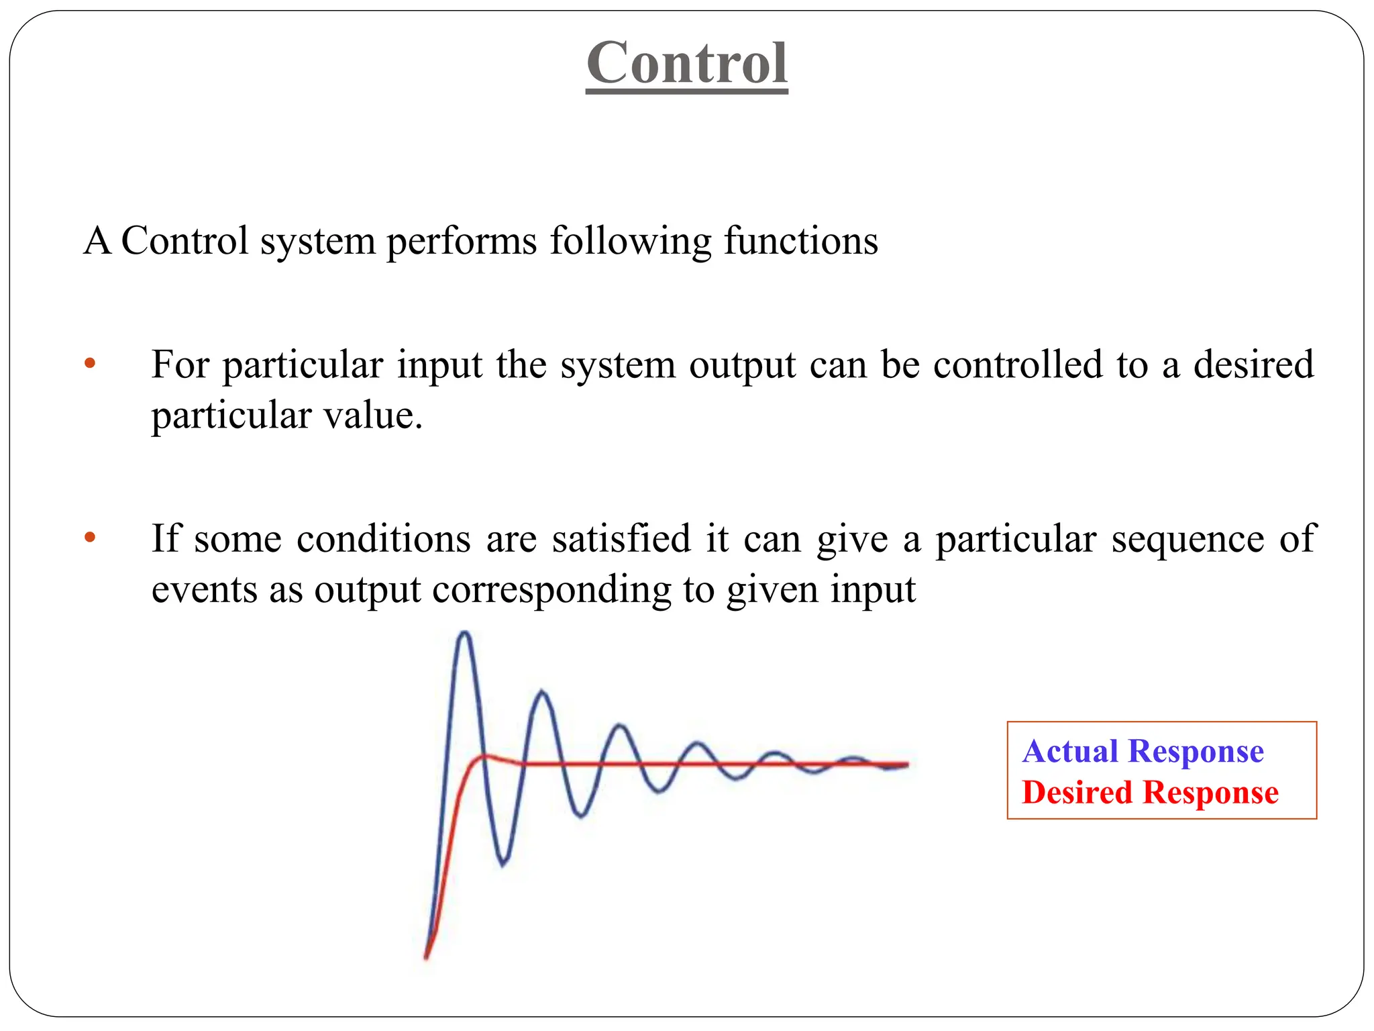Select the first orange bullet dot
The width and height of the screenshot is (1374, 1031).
tap(90, 364)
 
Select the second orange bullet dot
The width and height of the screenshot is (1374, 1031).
tap(90, 538)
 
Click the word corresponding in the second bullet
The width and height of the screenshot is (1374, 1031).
tap(551, 591)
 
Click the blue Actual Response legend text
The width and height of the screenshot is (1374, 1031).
tap(1143, 751)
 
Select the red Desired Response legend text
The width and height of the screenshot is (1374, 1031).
tap(1150, 793)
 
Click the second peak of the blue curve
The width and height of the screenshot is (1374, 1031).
tap(542, 692)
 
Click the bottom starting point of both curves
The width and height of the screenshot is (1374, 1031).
tap(426, 957)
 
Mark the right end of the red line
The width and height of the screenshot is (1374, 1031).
tap(907, 764)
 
